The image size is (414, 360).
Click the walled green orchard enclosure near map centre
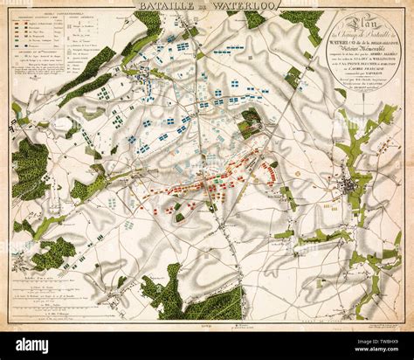coord(250,122)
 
